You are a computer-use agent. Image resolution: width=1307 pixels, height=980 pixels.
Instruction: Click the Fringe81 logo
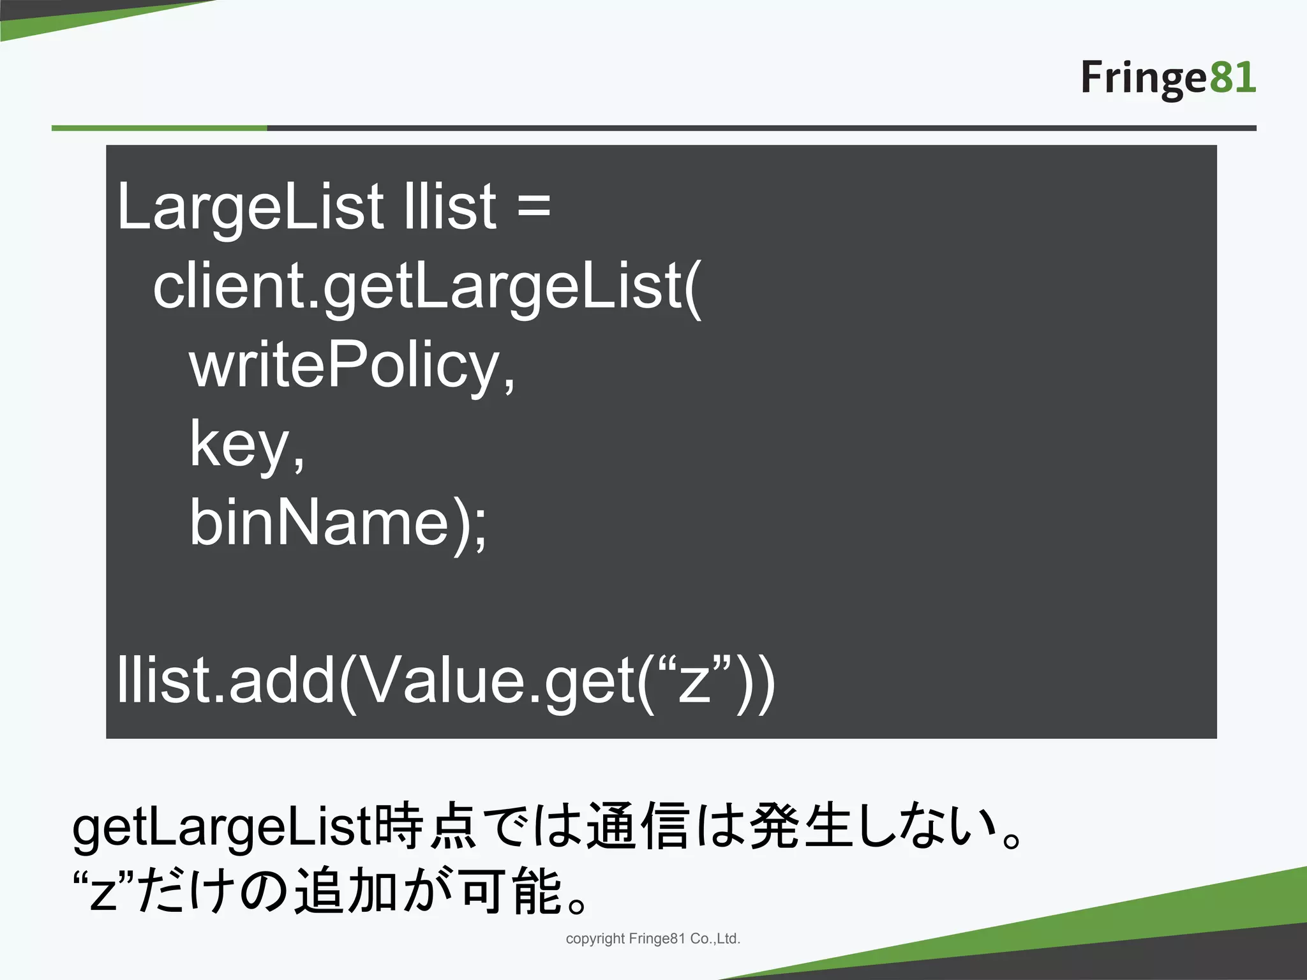(x=1168, y=78)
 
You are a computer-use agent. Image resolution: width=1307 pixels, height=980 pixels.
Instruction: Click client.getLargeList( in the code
(x=427, y=286)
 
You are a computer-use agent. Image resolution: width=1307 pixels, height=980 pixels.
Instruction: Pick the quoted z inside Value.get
(x=694, y=679)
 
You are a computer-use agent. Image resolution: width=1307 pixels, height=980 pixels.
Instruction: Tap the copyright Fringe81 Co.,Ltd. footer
(x=653, y=939)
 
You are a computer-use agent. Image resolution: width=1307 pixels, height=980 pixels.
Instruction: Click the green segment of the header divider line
(x=160, y=128)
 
